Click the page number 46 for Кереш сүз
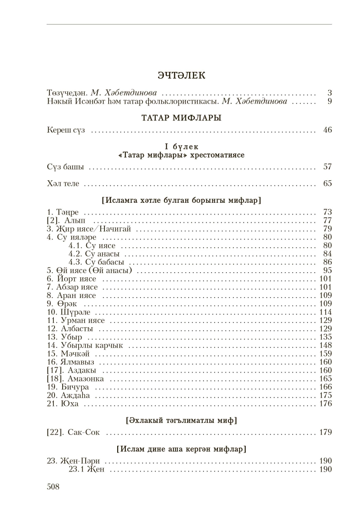[327, 130]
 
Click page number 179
[326, 433]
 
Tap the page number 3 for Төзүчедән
[329, 92]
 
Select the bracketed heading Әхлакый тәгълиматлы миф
[181, 421]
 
